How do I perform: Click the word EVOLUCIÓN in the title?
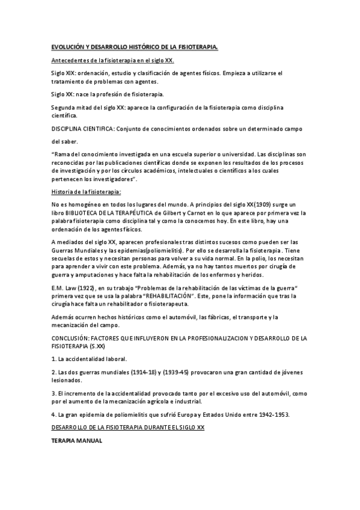(68, 46)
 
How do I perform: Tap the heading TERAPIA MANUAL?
(77, 441)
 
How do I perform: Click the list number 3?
(53, 393)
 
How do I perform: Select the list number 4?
(53, 414)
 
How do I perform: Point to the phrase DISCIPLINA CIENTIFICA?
(82, 129)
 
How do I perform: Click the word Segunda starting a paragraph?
(65, 107)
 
